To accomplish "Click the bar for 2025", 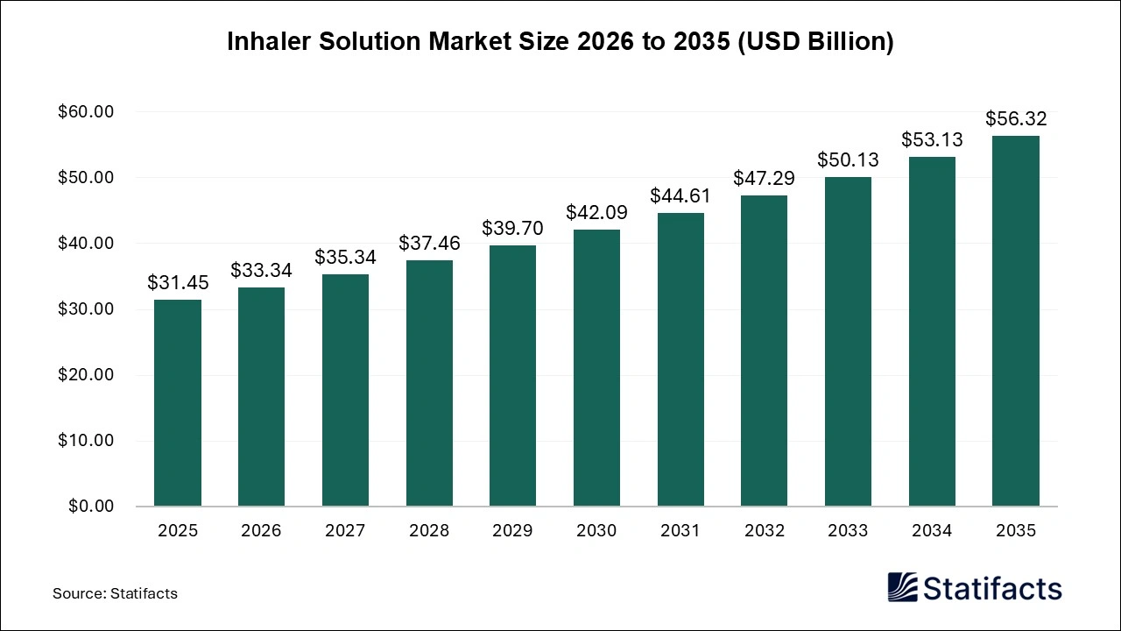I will (178, 403).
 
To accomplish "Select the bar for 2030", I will (596, 368).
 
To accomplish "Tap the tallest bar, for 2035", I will (1016, 321).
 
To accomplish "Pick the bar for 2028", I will (429, 383).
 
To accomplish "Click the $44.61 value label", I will (680, 196).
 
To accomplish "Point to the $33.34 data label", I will (261, 271).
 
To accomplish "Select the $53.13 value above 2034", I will (932, 140).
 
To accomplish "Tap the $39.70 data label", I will (512, 229).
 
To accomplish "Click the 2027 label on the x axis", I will (345, 531).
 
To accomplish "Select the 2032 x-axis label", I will (765, 531).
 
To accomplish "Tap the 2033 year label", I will (848, 531).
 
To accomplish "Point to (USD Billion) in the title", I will (814, 42).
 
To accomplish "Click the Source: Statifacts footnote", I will (115, 593).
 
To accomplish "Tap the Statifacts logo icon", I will (902, 587).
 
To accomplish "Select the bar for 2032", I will (765, 351).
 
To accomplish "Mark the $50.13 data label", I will (848, 160).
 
